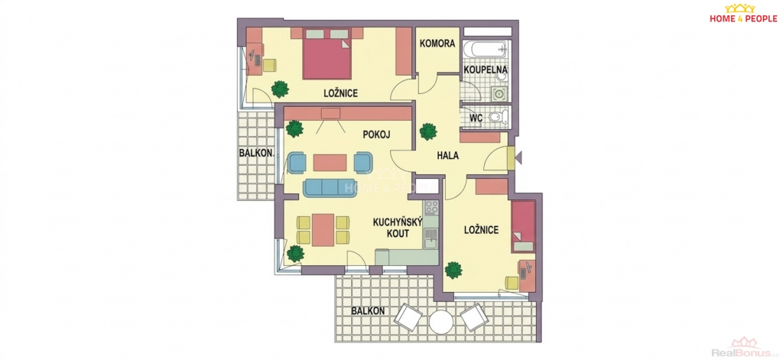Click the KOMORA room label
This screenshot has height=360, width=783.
437,44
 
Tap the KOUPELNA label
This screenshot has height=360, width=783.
486,70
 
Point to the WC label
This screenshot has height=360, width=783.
476,118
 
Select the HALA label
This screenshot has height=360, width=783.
448,155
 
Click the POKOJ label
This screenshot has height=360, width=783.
376,135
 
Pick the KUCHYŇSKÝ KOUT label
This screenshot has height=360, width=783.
398,228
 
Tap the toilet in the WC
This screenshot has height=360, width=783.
498,118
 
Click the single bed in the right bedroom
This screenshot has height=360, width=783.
523,225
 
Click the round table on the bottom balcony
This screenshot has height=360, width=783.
441,322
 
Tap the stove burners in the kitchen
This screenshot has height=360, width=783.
431,206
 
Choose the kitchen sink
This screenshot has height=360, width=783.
431,238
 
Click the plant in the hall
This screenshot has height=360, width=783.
428,131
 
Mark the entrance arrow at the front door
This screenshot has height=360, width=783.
518,158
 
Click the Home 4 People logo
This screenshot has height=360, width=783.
743,13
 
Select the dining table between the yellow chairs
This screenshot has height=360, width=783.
323,229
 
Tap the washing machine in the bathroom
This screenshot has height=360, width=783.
499,93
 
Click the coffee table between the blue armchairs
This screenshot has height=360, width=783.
330,162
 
